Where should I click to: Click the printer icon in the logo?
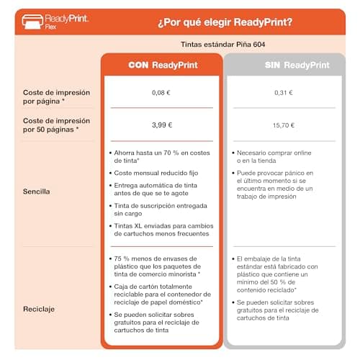coord(32,22)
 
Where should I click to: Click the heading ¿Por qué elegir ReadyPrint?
coord(225,22)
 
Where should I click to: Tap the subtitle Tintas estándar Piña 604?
coord(222,45)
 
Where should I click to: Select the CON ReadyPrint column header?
coord(163,65)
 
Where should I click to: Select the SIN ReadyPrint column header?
coord(297,65)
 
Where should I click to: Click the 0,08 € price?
coord(161,93)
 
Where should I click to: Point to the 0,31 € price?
coord(284,93)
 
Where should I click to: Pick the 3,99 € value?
coord(162,125)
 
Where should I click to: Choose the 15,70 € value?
coord(284,125)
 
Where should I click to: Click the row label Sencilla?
coord(37,192)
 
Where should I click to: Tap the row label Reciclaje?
coord(39,309)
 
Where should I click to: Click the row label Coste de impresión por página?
coord(56,97)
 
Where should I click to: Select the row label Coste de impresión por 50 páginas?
coord(56,125)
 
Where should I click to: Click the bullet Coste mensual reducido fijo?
coord(156,173)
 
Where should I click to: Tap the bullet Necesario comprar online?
coord(274,157)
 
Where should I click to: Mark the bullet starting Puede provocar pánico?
coord(275,184)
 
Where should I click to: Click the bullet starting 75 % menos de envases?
coord(158,266)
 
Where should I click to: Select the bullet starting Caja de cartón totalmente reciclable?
coord(163,294)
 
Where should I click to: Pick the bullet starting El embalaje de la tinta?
coord(277,274)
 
